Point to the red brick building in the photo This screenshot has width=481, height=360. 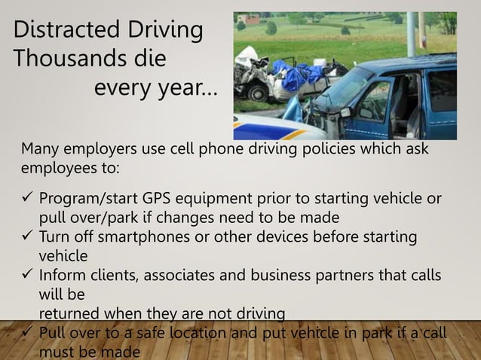click(x=248, y=19)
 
